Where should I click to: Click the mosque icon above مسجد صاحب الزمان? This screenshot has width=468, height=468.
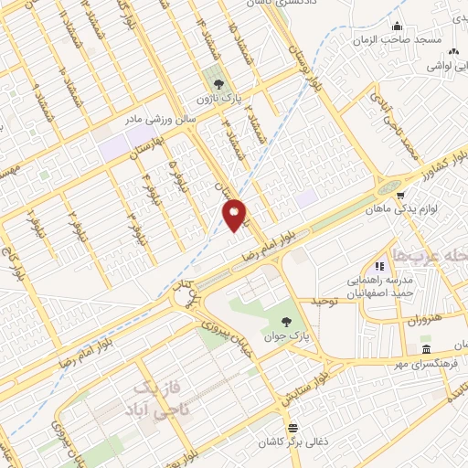click(x=398, y=27)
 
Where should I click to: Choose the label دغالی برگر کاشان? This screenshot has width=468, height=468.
click(x=292, y=441)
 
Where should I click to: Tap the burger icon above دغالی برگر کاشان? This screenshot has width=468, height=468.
click(x=292, y=427)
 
